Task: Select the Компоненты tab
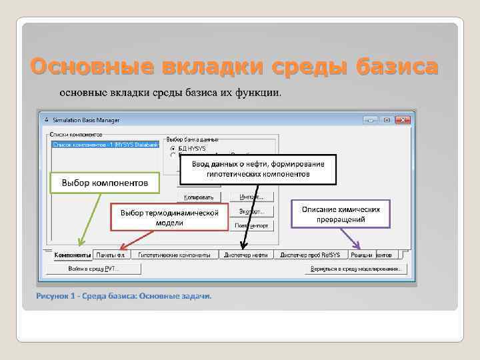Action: (72, 255)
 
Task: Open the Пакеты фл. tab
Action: (111, 255)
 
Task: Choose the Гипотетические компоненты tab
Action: (174, 255)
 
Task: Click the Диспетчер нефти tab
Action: (246, 255)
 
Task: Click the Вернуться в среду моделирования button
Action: (356, 269)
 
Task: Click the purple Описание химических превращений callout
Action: (341, 214)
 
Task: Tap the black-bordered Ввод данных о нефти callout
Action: (258, 169)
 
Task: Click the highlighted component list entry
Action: (105, 144)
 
